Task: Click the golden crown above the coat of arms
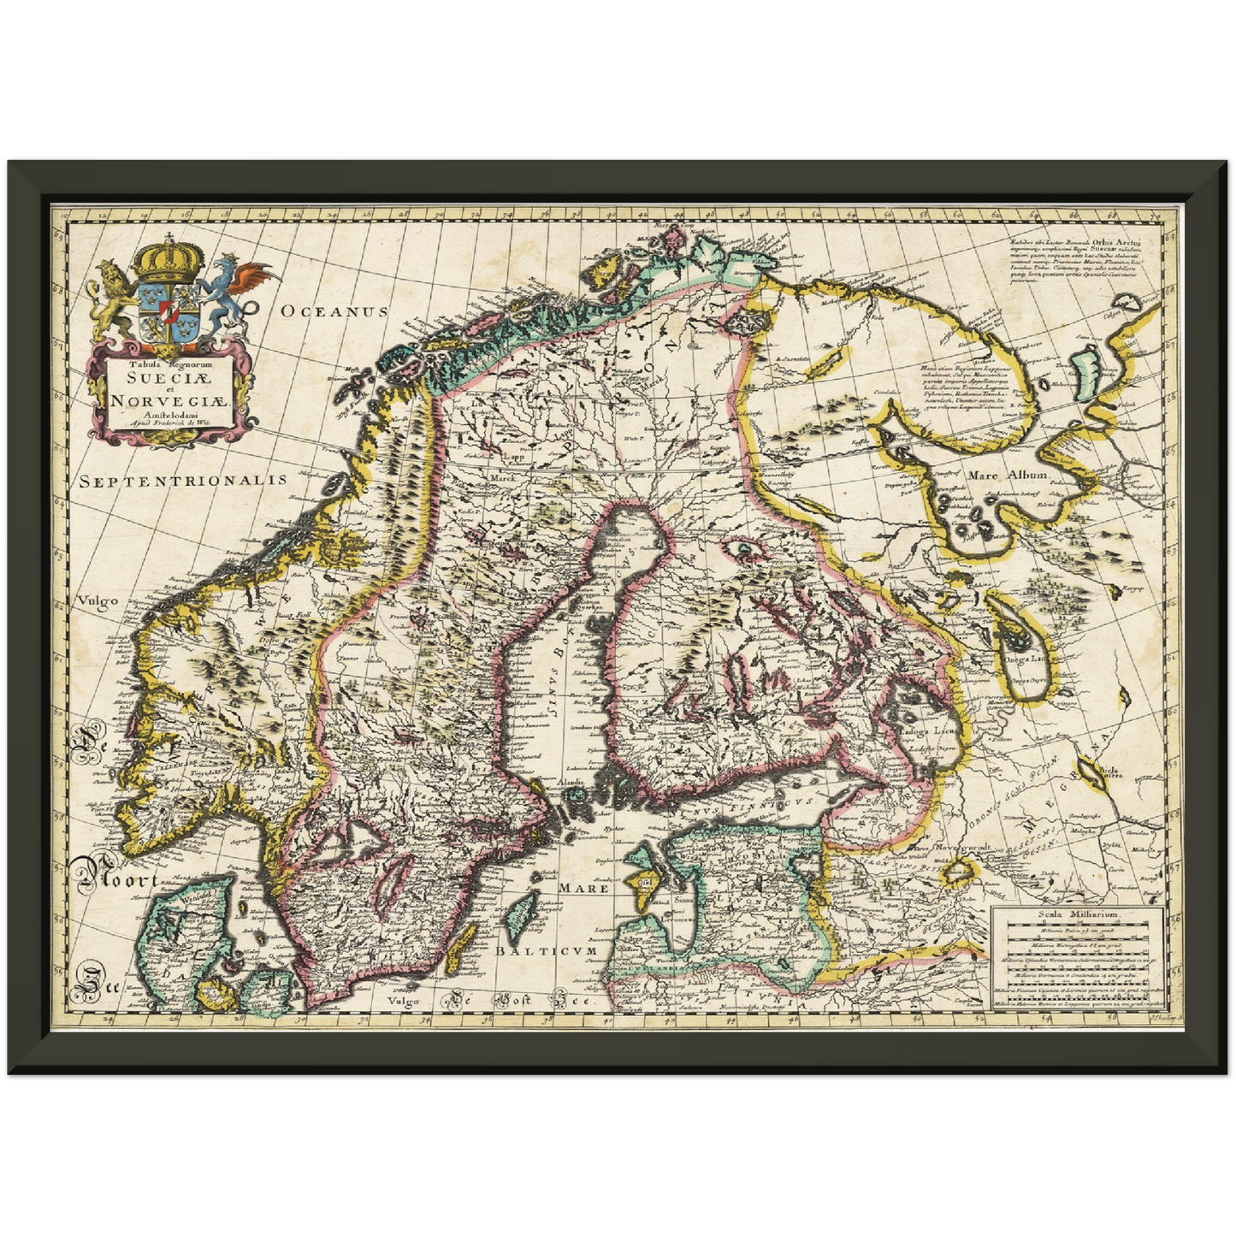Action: click(x=170, y=257)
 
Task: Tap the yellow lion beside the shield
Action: click(x=111, y=299)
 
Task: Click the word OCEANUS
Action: click(x=334, y=312)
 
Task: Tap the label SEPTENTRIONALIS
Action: click(x=183, y=481)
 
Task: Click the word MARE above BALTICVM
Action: click(x=584, y=889)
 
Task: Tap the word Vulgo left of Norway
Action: click(x=96, y=601)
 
